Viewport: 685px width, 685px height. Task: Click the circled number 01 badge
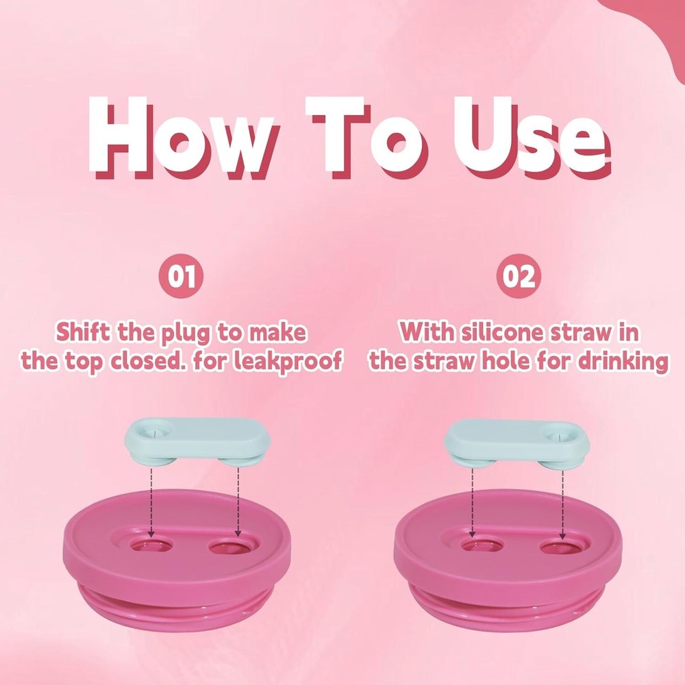click(x=181, y=276)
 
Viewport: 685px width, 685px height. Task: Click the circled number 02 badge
click(x=519, y=276)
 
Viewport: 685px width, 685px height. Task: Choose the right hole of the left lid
click(x=231, y=546)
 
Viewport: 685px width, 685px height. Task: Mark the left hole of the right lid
click(x=482, y=546)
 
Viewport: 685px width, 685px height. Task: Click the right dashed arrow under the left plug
click(x=238, y=502)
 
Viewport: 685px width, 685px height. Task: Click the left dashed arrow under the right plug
click(x=472, y=503)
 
